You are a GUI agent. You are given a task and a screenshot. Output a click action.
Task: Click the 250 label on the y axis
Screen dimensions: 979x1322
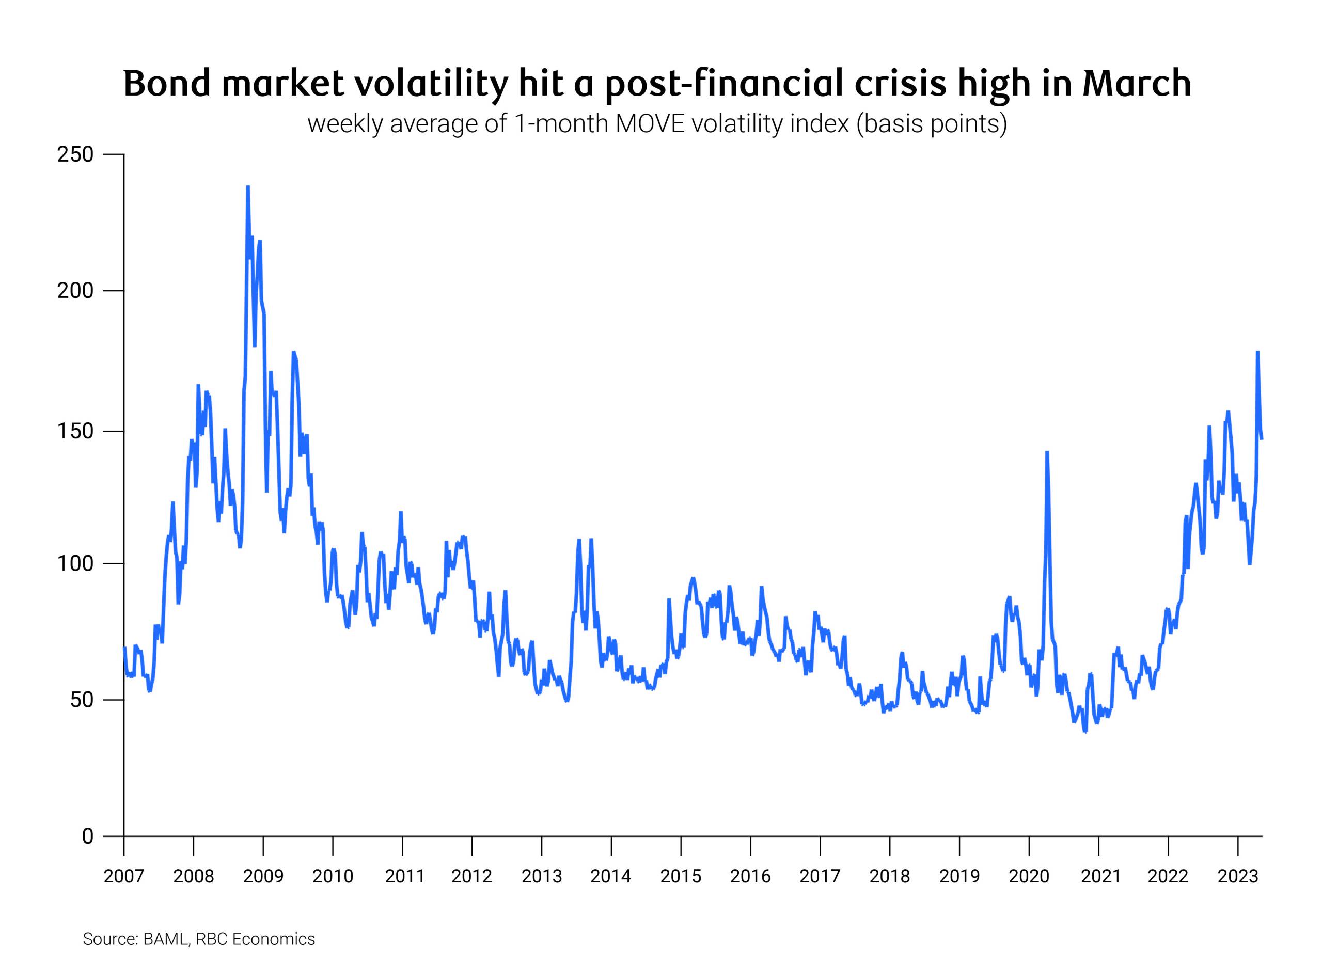tap(75, 155)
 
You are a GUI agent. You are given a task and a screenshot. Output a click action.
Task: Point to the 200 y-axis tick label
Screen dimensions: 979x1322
tap(75, 291)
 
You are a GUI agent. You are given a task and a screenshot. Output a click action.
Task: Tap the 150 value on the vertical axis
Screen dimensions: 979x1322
tap(75, 431)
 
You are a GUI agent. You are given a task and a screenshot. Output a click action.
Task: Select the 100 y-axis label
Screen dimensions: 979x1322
tap(75, 563)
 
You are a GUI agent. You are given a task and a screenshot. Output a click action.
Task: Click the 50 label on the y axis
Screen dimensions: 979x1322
tap(82, 700)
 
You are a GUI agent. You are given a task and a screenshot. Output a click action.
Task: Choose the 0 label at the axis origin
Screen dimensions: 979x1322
tap(88, 836)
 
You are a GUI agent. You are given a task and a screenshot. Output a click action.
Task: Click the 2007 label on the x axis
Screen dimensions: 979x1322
tap(124, 876)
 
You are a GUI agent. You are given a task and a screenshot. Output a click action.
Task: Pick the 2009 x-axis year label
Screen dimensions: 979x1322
tap(263, 876)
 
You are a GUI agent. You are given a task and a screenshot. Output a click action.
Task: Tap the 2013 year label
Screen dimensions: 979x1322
tap(542, 876)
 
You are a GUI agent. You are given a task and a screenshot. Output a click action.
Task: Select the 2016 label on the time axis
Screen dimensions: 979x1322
tap(750, 876)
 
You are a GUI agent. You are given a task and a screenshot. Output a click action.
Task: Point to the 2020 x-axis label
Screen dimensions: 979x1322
tap(1029, 876)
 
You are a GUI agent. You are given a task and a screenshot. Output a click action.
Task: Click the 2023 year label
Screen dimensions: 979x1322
tap(1237, 876)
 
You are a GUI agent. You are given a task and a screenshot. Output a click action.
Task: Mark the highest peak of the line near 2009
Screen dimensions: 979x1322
tap(248, 187)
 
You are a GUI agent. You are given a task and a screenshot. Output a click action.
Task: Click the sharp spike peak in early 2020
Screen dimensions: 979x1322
tap(1047, 452)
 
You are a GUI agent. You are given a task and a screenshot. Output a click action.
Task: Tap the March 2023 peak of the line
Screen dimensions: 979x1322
tap(1257, 352)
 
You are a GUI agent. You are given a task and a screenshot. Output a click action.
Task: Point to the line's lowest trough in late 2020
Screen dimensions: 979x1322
tap(1085, 732)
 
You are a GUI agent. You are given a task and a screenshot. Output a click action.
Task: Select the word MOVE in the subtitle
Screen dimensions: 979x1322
tap(650, 124)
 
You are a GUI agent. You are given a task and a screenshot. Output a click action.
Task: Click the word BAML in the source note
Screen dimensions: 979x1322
tap(165, 939)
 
